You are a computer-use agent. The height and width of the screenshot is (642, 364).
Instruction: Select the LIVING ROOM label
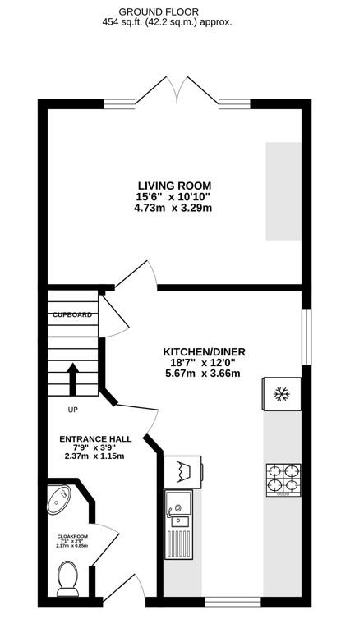click(173, 185)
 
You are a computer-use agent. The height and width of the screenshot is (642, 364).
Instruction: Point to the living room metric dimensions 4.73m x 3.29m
click(173, 208)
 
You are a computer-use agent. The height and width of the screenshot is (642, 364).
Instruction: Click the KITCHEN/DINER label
click(204, 351)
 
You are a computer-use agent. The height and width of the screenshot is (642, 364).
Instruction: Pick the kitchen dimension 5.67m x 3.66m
click(203, 374)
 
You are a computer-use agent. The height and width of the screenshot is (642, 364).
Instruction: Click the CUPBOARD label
click(71, 315)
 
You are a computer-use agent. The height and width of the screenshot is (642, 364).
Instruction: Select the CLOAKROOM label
click(72, 535)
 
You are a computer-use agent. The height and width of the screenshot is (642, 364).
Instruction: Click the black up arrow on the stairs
click(72, 379)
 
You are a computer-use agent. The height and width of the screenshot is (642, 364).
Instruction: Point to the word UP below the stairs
click(73, 410)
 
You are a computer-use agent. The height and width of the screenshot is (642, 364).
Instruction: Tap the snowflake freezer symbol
click(281, 395)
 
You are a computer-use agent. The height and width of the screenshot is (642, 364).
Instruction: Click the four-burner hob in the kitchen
click(282, 480)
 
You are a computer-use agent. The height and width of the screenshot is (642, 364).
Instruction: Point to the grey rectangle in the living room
click(283, 191)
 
